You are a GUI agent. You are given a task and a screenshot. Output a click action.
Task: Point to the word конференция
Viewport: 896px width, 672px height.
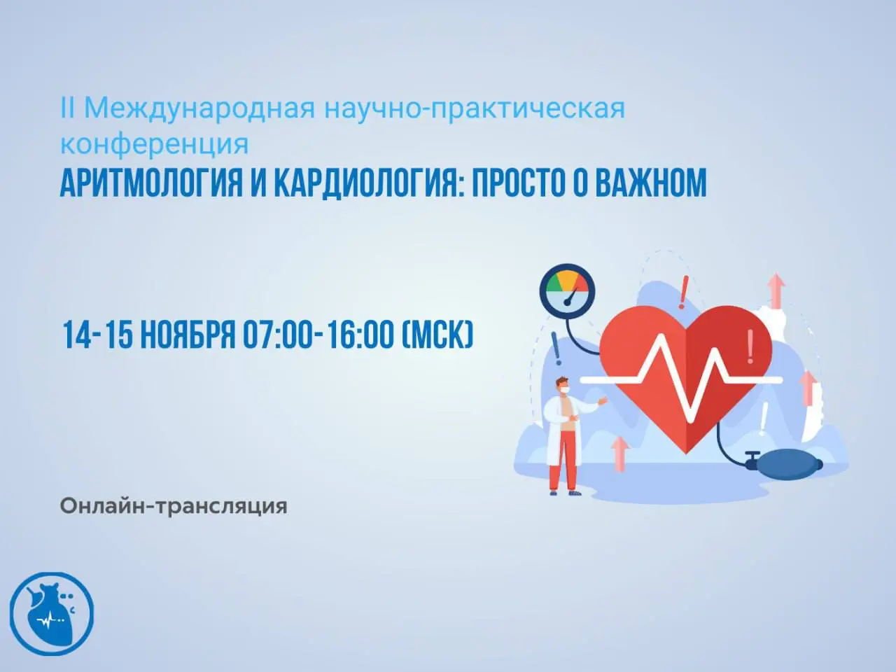[154, 143]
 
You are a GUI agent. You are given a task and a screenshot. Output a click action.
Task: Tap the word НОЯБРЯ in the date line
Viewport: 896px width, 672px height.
[187, 335]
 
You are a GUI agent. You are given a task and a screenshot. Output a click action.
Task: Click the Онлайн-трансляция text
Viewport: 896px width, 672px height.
[174, 505]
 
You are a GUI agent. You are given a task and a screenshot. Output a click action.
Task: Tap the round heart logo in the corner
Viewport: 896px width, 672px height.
[52, 614]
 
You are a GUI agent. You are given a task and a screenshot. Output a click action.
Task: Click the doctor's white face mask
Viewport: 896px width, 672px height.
[565, 386]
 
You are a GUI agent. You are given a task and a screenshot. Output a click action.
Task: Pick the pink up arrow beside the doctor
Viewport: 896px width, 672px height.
[619, 453]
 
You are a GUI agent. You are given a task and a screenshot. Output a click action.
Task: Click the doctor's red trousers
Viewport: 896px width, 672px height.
[563, 466]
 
